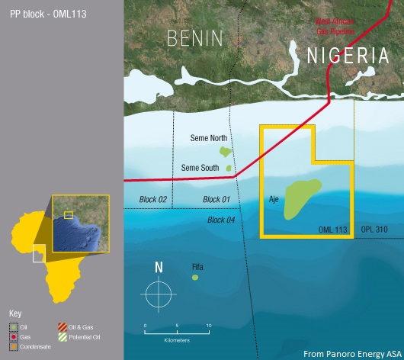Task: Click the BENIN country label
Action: tap(194, 37)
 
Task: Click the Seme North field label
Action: tap(208, 138)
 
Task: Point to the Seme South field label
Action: tap(200, 168)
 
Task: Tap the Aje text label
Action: tap(274, 199)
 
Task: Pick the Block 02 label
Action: tap(152, 200)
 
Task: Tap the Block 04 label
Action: tap(222, 220)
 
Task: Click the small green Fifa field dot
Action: tap(194, 277)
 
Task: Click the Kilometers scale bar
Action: tap(176, 333)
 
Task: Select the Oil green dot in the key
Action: tap(13, 326)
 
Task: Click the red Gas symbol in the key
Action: tap(13, 336)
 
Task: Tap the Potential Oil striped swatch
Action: tap(63, 336)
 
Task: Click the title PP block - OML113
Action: tap(43, 14)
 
